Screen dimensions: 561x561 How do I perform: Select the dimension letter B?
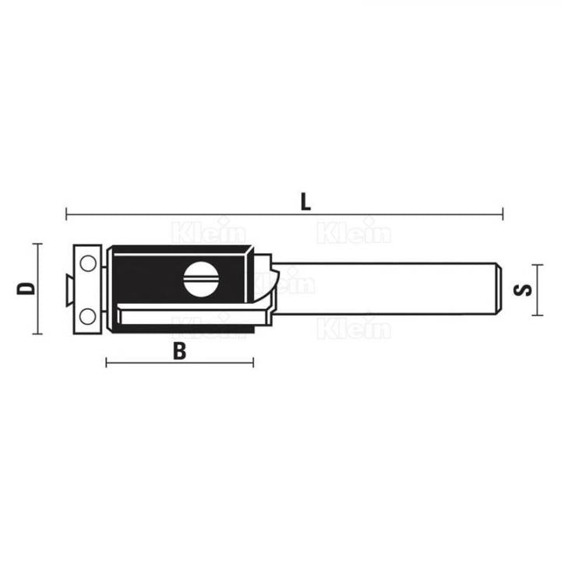click(x=180, y=351)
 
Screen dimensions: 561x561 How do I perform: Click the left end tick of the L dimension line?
click(x=66, y=213)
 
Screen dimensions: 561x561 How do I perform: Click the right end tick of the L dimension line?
click(x=503, y=213)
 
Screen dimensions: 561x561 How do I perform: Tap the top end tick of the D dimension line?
click(x=36, y=244)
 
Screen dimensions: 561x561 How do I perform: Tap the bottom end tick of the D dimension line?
click(x=36, y=333)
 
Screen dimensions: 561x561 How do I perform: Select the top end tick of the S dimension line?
click(x=535, y=261)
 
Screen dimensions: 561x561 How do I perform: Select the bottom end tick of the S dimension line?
click(x=535, y=316)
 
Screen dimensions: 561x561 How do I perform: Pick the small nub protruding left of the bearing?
click(x=68, y=288)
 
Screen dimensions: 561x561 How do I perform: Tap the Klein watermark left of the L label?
click(x=207, y=231)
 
